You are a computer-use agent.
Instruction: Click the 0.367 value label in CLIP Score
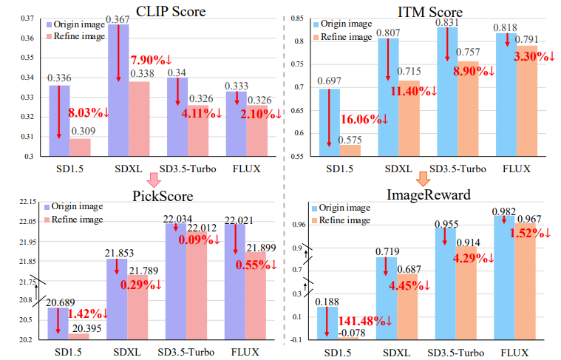tap(118, 18)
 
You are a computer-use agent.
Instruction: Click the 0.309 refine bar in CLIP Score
tap(80, 147)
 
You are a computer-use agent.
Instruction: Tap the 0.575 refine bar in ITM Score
tap(350, 150)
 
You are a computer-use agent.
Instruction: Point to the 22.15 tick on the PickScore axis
tap(25, 201)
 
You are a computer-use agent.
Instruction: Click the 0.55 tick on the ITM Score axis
tap(302, 156)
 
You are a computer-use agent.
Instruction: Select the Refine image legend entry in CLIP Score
tap(80, 36)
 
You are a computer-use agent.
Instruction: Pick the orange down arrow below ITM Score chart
tap(423, 179)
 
